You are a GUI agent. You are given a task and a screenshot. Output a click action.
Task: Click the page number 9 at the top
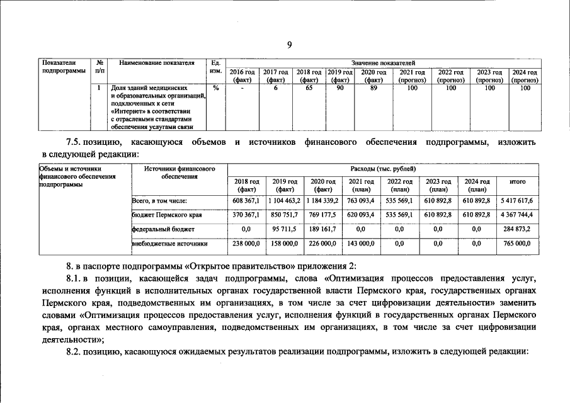tap(289, 44)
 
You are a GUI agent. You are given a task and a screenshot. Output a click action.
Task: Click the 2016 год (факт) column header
tap(242, 76)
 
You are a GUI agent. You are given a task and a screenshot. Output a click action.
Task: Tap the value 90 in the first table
tap(339, 89)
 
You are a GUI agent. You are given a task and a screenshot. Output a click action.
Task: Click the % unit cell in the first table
tap(215, 89)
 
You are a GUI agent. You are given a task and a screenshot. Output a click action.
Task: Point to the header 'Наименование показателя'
tap(157, 63)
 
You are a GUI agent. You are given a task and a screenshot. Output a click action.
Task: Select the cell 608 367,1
tap(244, 200)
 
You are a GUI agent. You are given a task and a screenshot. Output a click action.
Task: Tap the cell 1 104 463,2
tap(283, 200)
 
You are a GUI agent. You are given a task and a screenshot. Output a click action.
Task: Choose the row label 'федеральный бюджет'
tap(163, 229)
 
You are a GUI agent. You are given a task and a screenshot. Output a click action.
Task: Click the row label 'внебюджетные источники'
tap(169, 243)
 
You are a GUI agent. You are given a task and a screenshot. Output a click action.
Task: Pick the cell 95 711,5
tap(283, 229)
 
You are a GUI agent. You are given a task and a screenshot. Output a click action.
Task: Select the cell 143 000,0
tap(362, 243)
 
